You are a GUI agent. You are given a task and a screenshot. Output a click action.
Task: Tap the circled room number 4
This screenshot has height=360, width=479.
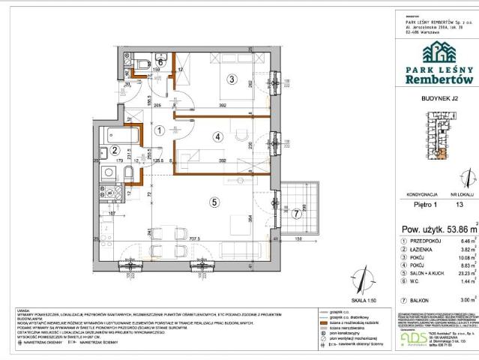pyautogui.click(x=217, y=136)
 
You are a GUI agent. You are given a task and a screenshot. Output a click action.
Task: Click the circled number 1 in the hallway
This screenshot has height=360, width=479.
pyautogui.click(x=159, y=129)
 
